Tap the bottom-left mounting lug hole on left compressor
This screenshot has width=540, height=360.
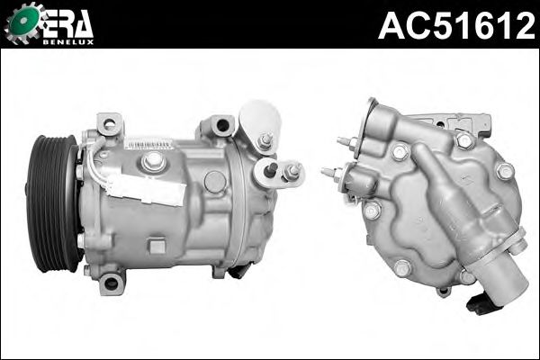coord(111,283)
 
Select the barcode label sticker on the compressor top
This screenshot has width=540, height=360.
coord(148,143)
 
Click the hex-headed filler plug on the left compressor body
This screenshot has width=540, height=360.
coord(154,161)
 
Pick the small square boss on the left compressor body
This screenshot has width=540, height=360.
coord(157,245)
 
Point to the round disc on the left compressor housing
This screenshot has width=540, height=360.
coord(215,183)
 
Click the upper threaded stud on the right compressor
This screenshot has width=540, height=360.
coord(346,142)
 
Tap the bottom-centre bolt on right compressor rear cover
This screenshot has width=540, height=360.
coord(402,267)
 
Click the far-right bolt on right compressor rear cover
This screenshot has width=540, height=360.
coord(505,170)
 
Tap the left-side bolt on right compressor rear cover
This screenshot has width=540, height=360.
coord(372,211)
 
